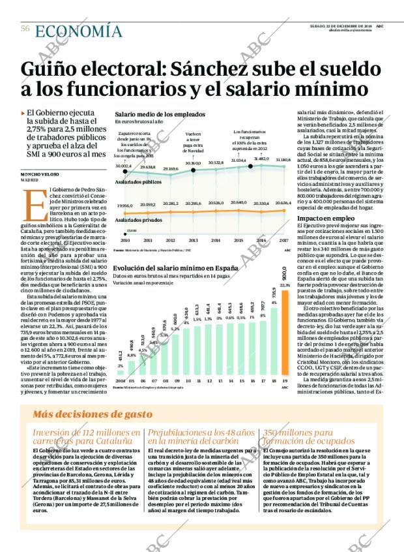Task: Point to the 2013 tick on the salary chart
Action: [193, 240]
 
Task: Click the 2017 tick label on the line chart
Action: [283, 240]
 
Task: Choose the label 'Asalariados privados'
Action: [136, 221]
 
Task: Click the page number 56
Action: [25, 29]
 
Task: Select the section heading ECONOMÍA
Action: [78, 31]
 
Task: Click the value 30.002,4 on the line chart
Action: [123, 167]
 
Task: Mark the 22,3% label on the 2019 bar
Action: [285, 285]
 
